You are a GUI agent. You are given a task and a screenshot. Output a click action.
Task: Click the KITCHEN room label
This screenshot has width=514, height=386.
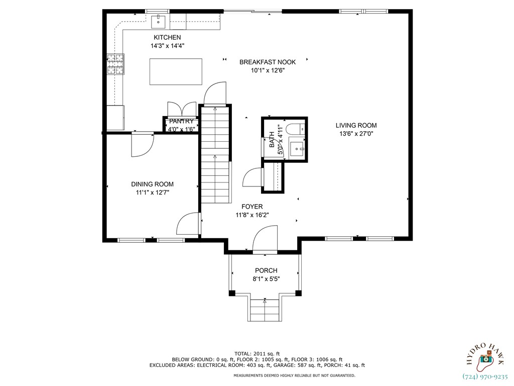tap(167, 38)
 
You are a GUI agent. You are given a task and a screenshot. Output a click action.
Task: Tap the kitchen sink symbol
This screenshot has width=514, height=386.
tap(159, 21)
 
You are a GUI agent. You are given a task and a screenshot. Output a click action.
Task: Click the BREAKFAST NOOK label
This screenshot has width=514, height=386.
tap(267, 62)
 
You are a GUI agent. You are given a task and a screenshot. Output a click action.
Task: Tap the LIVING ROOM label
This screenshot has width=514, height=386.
tap(356, 126)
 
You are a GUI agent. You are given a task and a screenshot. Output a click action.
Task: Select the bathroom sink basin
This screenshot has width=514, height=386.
tap(298, 148)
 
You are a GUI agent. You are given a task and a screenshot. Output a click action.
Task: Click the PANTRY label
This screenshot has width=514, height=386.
tap(181, 121)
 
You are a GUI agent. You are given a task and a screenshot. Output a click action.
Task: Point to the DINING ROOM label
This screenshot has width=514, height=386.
tap(152, 184)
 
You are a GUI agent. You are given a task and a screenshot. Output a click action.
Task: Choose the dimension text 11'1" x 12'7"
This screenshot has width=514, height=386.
tap(152, 192)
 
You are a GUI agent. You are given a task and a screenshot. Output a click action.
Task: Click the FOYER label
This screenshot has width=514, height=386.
tap(252, 207)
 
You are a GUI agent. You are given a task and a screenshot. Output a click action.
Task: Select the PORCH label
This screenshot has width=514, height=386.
tap(266, 271)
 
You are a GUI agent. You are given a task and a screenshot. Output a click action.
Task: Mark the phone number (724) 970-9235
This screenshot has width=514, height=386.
tap(484, 376)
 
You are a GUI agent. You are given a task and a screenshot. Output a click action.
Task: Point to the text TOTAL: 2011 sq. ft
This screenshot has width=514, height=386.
tap(257, 353)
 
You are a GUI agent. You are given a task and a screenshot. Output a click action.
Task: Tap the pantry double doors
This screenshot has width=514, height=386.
tap(182, 110)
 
